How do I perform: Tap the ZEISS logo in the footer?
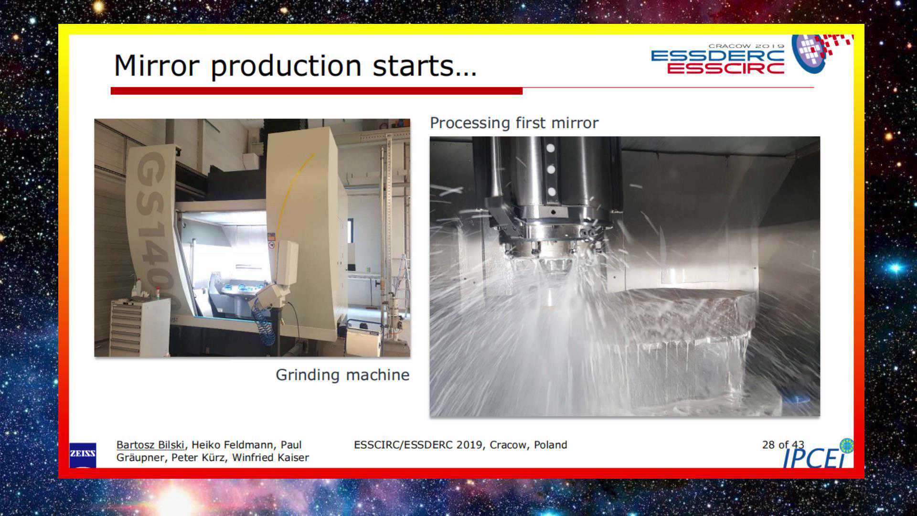(83, 454)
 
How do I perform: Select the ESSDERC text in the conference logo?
(718, 56)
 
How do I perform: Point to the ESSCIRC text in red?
(725, 68)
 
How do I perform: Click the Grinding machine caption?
(342, 375)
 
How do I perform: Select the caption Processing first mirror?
(514, 123)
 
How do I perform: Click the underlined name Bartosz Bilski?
(150, 445)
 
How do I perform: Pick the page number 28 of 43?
(783, 445)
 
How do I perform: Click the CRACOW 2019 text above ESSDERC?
(746, 46)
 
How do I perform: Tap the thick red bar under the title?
(317, 91)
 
